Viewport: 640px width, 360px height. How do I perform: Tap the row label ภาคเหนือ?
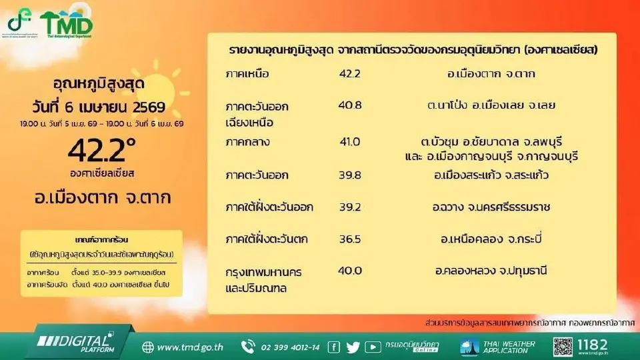coord(247,73)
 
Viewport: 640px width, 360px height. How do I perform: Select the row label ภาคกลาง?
coord(248,142)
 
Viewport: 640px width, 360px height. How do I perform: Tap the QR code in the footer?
coord(563,346)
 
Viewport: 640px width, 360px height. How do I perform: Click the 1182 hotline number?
coord(593,345)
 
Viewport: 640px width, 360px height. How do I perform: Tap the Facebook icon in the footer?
coord(334,347)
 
